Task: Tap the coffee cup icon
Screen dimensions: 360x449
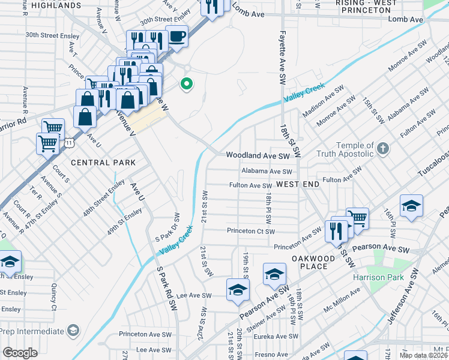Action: pos(176,36)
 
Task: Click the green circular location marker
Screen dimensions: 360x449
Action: pos(187,85)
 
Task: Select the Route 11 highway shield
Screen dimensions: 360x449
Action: pos(70,143)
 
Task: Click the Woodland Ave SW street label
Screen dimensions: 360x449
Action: pos(258,155)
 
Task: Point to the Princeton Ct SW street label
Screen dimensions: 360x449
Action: pos(250,231)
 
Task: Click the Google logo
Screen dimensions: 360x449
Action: pos(20,353)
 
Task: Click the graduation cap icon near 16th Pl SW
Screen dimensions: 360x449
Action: pos(411,205)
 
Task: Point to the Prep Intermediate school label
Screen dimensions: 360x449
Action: pos(32,331)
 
